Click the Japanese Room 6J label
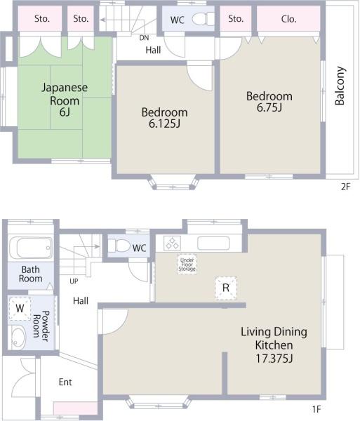[65, 100]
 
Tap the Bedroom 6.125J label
[164, 117]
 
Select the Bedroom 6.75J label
[269, 102]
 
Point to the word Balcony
[340, 86]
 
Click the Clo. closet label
[288, 19]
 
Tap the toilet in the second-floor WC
[203, 19]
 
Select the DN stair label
[144, 38]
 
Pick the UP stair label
[74, 281]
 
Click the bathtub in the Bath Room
[31, 247]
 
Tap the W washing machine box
[20, 308]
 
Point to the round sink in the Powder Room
[18, 337]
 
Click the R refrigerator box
[226, 288]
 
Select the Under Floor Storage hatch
[187, 265]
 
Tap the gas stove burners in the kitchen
[171, 243]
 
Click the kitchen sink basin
[213, 243]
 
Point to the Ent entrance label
[65, 382]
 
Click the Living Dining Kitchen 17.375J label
[274, 345]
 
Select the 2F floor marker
[346, 187]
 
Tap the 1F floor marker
[316, 409]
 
